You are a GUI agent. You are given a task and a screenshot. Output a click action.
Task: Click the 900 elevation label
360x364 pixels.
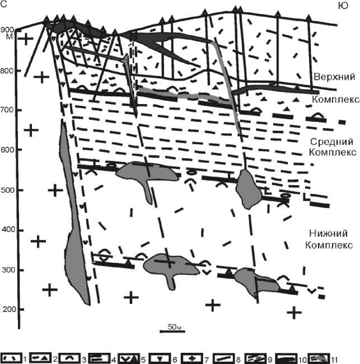click(x=7, y=30)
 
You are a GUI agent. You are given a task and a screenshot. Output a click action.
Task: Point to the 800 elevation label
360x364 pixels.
click(x=7, y=71)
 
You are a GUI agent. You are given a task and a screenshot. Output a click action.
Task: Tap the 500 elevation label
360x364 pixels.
click(x=7, y=190)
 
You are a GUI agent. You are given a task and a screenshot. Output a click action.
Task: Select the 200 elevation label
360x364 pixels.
click(x=9, y=309)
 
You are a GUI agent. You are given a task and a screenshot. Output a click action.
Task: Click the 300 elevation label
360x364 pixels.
click(x=8, y=270)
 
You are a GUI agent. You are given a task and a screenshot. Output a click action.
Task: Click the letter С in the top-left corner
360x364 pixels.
click(x=4, y=4)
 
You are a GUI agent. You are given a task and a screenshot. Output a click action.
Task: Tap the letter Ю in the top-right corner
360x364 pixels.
click(x=343, y=6)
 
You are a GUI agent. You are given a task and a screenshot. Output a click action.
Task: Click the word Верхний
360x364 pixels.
click(x=334, y=77)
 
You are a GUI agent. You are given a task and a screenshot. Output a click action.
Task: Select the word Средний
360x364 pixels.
click(x=331, y=141)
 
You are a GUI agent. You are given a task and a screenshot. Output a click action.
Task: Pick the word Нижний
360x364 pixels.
click(x=329, y=233)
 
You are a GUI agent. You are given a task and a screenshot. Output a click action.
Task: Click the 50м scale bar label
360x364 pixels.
click(x=174, y=327)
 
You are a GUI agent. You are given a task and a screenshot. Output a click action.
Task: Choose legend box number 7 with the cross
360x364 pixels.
click(x=191, y=358)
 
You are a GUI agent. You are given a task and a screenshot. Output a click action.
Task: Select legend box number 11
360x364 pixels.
click(x=319, y=358)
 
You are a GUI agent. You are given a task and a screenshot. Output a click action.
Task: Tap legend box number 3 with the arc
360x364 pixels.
click(x=69, y=358)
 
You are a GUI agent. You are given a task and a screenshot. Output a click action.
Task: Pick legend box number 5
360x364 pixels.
click(x=129, y=358)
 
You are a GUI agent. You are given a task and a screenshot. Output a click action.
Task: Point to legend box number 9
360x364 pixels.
click(x=255, y=358)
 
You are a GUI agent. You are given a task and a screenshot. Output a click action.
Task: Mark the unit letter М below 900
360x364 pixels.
click(x=10, y=37)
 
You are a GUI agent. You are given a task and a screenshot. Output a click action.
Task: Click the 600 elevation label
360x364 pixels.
click(x=7, y=150)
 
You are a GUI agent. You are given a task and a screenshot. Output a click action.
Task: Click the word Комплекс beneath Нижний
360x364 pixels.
click(x=329, y=245)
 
